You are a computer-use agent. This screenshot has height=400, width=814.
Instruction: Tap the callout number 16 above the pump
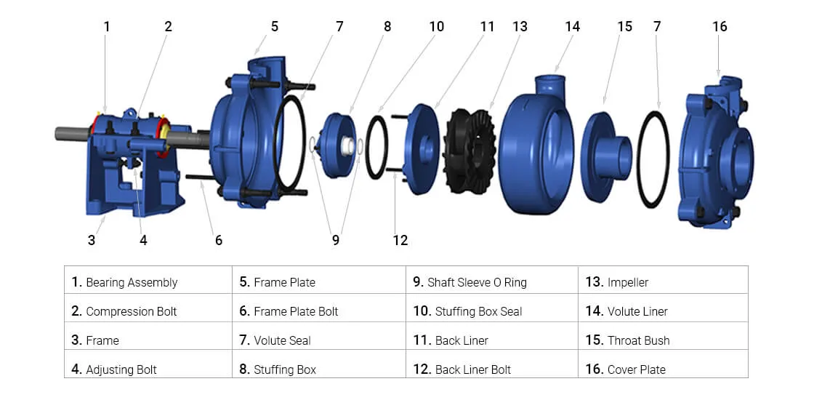click(x=720, y=27)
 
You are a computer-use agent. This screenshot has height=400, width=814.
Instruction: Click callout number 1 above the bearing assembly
click(x=107, y=27)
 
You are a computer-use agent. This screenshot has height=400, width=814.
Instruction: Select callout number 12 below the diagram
click(x=400, y=240)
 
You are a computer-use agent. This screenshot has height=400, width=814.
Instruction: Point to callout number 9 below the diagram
click(x=335, y=240)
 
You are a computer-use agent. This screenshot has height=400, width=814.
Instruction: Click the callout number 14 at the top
click(x=572, y=27)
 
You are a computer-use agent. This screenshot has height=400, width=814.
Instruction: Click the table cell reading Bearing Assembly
click(x=131, y=282)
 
